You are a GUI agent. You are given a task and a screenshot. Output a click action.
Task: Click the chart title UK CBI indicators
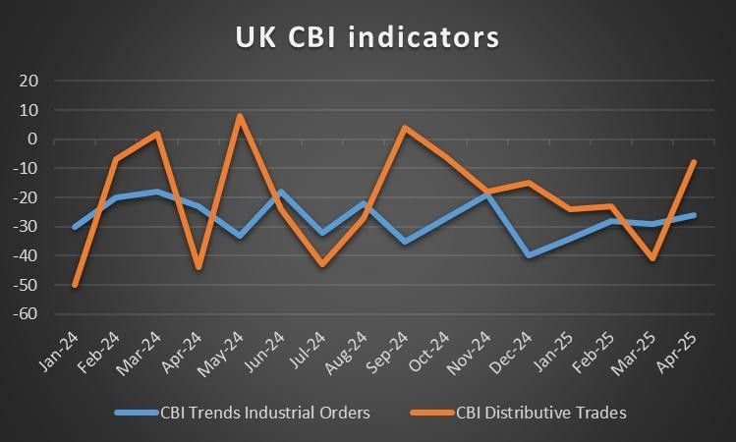click(368, 37)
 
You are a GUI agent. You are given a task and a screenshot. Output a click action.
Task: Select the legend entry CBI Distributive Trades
click(538, 414)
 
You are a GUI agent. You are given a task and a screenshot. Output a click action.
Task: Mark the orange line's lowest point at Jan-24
click(75, 285)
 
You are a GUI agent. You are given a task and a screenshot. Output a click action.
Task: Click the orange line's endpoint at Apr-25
click(696, 162)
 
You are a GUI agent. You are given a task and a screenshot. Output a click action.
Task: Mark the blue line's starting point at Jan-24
click(75, 227)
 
